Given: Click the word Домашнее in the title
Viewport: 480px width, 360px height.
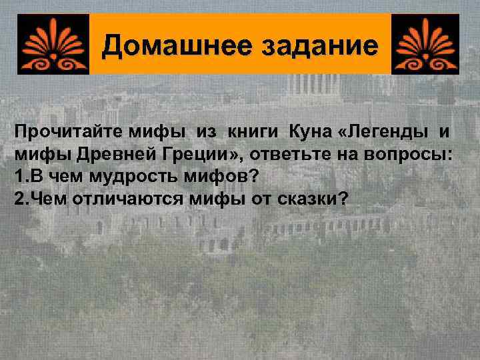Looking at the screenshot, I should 163,46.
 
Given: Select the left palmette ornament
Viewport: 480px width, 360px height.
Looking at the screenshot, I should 53,44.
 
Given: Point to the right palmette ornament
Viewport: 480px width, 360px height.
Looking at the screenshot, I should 425,44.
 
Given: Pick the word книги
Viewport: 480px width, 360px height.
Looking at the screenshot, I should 253,133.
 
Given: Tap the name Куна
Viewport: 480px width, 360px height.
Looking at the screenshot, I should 307,133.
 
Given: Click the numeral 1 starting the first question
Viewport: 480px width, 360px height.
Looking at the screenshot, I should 18,178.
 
